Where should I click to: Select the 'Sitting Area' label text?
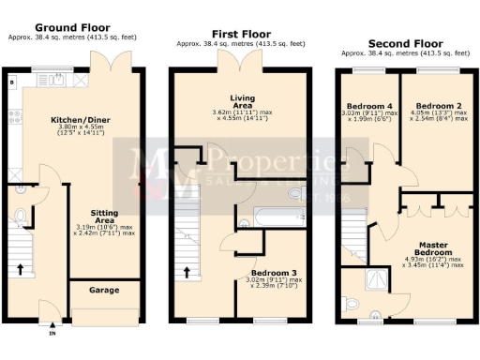104,215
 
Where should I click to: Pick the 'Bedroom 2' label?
435,105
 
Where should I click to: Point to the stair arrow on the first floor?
187,273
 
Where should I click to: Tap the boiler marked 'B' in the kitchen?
10,82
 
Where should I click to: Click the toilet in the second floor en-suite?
352,304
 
